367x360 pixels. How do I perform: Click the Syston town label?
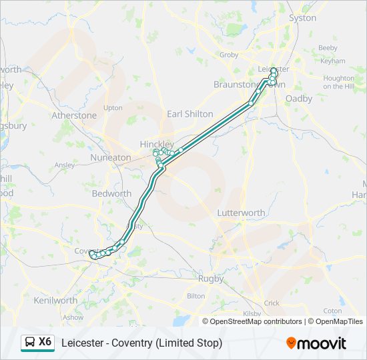point(302,18)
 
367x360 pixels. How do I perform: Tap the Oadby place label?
point(298,98)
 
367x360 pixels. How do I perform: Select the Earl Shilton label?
point(190,114)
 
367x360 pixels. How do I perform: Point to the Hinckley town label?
point(157,144)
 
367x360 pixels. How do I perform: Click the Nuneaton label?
point(111,157)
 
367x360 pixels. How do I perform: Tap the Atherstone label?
point(74,115)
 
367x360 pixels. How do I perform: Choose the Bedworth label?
point(111,193)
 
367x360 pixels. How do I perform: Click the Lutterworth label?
point(241,213)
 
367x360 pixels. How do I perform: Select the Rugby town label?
point(211,279)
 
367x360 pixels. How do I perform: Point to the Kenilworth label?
point(55,301)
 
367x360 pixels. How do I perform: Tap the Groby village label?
point(229,55)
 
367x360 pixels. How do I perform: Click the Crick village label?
point(272,303)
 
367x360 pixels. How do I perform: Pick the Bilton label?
point(196,295)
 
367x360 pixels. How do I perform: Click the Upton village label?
point(113,107)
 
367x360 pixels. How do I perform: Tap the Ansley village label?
point(65,165)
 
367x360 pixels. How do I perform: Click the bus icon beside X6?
point(30,343)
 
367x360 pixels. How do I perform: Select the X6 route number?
point(45,342)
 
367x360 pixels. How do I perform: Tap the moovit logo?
point(316,343)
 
